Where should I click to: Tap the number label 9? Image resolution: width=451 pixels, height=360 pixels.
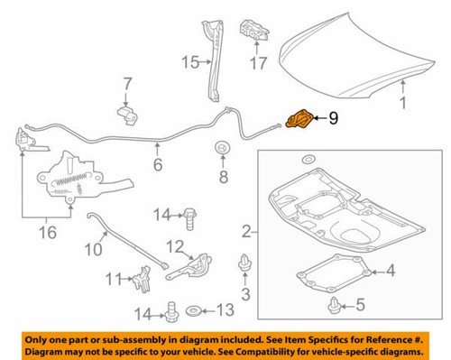333,117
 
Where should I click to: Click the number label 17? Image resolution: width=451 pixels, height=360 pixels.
259,64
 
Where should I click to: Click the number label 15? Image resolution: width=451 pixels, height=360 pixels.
190,62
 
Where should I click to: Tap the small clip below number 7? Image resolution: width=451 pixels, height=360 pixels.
126,115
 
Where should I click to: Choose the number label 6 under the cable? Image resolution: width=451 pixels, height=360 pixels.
157,165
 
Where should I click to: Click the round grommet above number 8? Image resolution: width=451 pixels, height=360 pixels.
219,147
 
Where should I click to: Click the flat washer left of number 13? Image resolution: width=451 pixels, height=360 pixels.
193,311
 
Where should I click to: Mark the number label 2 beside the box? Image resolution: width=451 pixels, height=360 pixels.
245,233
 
